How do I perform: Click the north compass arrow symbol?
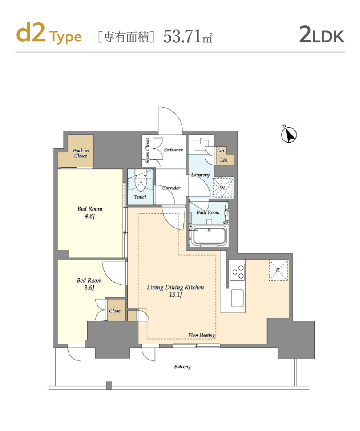tap(289, 135)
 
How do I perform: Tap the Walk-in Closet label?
tap(81, 153)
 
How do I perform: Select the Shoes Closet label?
tap(147, 150)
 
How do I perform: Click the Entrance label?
tap(173, 150)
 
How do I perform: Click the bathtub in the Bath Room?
tap(209, 236)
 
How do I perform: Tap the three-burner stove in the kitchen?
tap(237, 272)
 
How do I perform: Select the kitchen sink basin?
tap(237, 298)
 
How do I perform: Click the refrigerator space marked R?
tap(278, 270)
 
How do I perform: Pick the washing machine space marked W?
tap(222, 188)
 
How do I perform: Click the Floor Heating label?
tap(202, 336)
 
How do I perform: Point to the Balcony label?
tap(182, 367)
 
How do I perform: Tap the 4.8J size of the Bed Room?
tap(90, 216)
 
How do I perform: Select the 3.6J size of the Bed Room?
tap(89, 288)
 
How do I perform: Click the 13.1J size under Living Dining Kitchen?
tap(176, 295)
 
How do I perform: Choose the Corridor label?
tap(171, 188)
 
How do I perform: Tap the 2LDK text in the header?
tap(321, 34)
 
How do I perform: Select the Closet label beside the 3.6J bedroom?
tap(115, 311)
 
